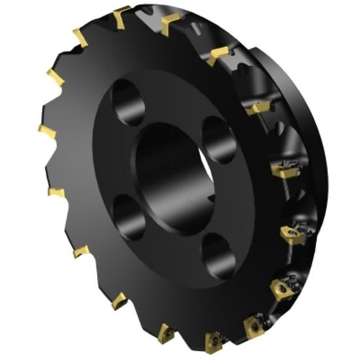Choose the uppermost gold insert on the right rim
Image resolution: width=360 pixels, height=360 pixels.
point(217,56)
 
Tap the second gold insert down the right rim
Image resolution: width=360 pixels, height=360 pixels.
point(258,108)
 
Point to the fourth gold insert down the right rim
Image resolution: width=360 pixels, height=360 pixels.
point(291,233)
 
